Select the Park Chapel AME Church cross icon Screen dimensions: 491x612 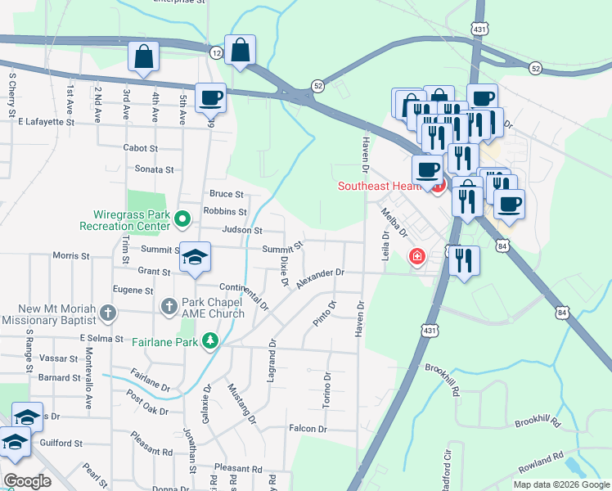[169, 307]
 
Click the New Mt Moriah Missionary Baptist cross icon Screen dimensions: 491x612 [108, 312]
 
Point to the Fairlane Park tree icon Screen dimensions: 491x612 [210, 340]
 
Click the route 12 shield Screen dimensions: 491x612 [216, 52]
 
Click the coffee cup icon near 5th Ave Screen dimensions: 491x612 [211, 97]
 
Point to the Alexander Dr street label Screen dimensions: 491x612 [321, 278]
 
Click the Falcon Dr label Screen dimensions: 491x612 [308, 428]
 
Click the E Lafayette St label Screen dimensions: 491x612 [46, 122]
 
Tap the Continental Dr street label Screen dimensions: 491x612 [244, 295]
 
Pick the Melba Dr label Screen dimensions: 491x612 [394, 223]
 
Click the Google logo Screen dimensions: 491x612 [28, 481]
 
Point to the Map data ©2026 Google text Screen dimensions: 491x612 [561, 484]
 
